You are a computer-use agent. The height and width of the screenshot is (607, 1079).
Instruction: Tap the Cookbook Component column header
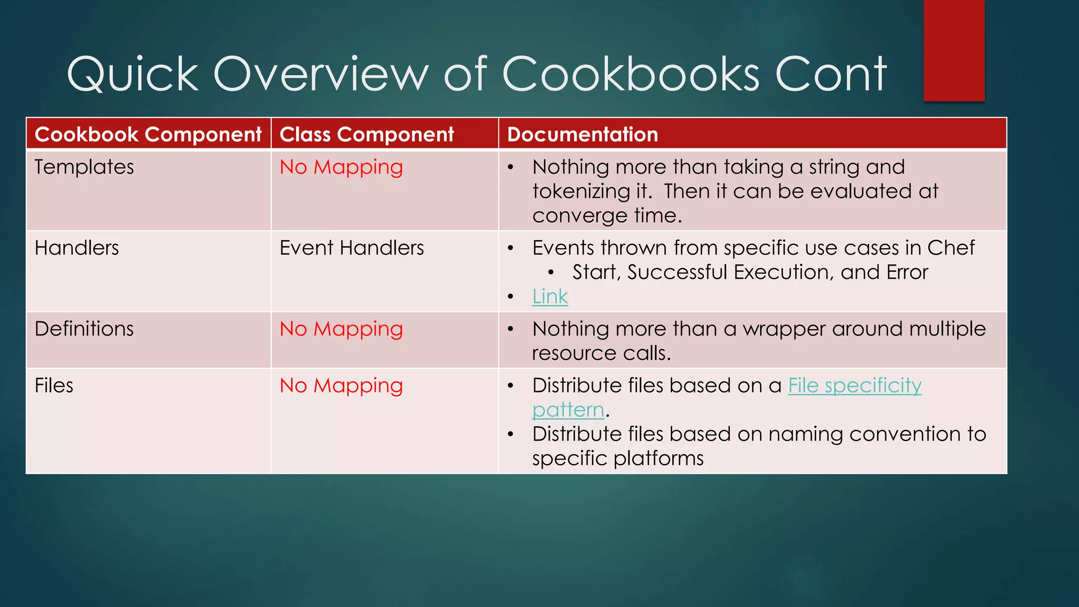pos(148,134)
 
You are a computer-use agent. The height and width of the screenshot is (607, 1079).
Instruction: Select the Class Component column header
pos(367,134)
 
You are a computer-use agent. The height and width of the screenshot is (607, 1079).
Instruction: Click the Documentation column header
pos(583,134)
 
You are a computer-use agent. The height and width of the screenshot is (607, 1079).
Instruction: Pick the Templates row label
pos(84,167)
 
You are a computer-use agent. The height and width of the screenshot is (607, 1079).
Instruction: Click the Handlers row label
pos(77,248)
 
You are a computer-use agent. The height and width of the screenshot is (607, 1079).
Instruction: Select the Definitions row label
pos(84,329)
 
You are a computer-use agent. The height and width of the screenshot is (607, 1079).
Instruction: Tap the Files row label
pos(54,386)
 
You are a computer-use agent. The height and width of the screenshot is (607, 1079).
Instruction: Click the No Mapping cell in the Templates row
pos(341,168)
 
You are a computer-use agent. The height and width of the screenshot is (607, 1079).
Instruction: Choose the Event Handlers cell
pos(351,248)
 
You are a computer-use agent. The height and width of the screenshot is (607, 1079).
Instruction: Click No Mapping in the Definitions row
pos(341,329)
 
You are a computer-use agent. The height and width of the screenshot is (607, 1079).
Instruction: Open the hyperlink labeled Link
pos(550,297)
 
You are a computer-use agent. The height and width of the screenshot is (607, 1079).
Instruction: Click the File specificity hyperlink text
pos(855,386)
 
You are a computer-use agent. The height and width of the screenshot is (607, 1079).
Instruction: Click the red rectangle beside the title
pos(954,51)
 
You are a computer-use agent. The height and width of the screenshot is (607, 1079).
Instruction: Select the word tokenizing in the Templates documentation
pos(581,191)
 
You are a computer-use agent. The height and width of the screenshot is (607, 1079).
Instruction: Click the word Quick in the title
pos(133,75)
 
